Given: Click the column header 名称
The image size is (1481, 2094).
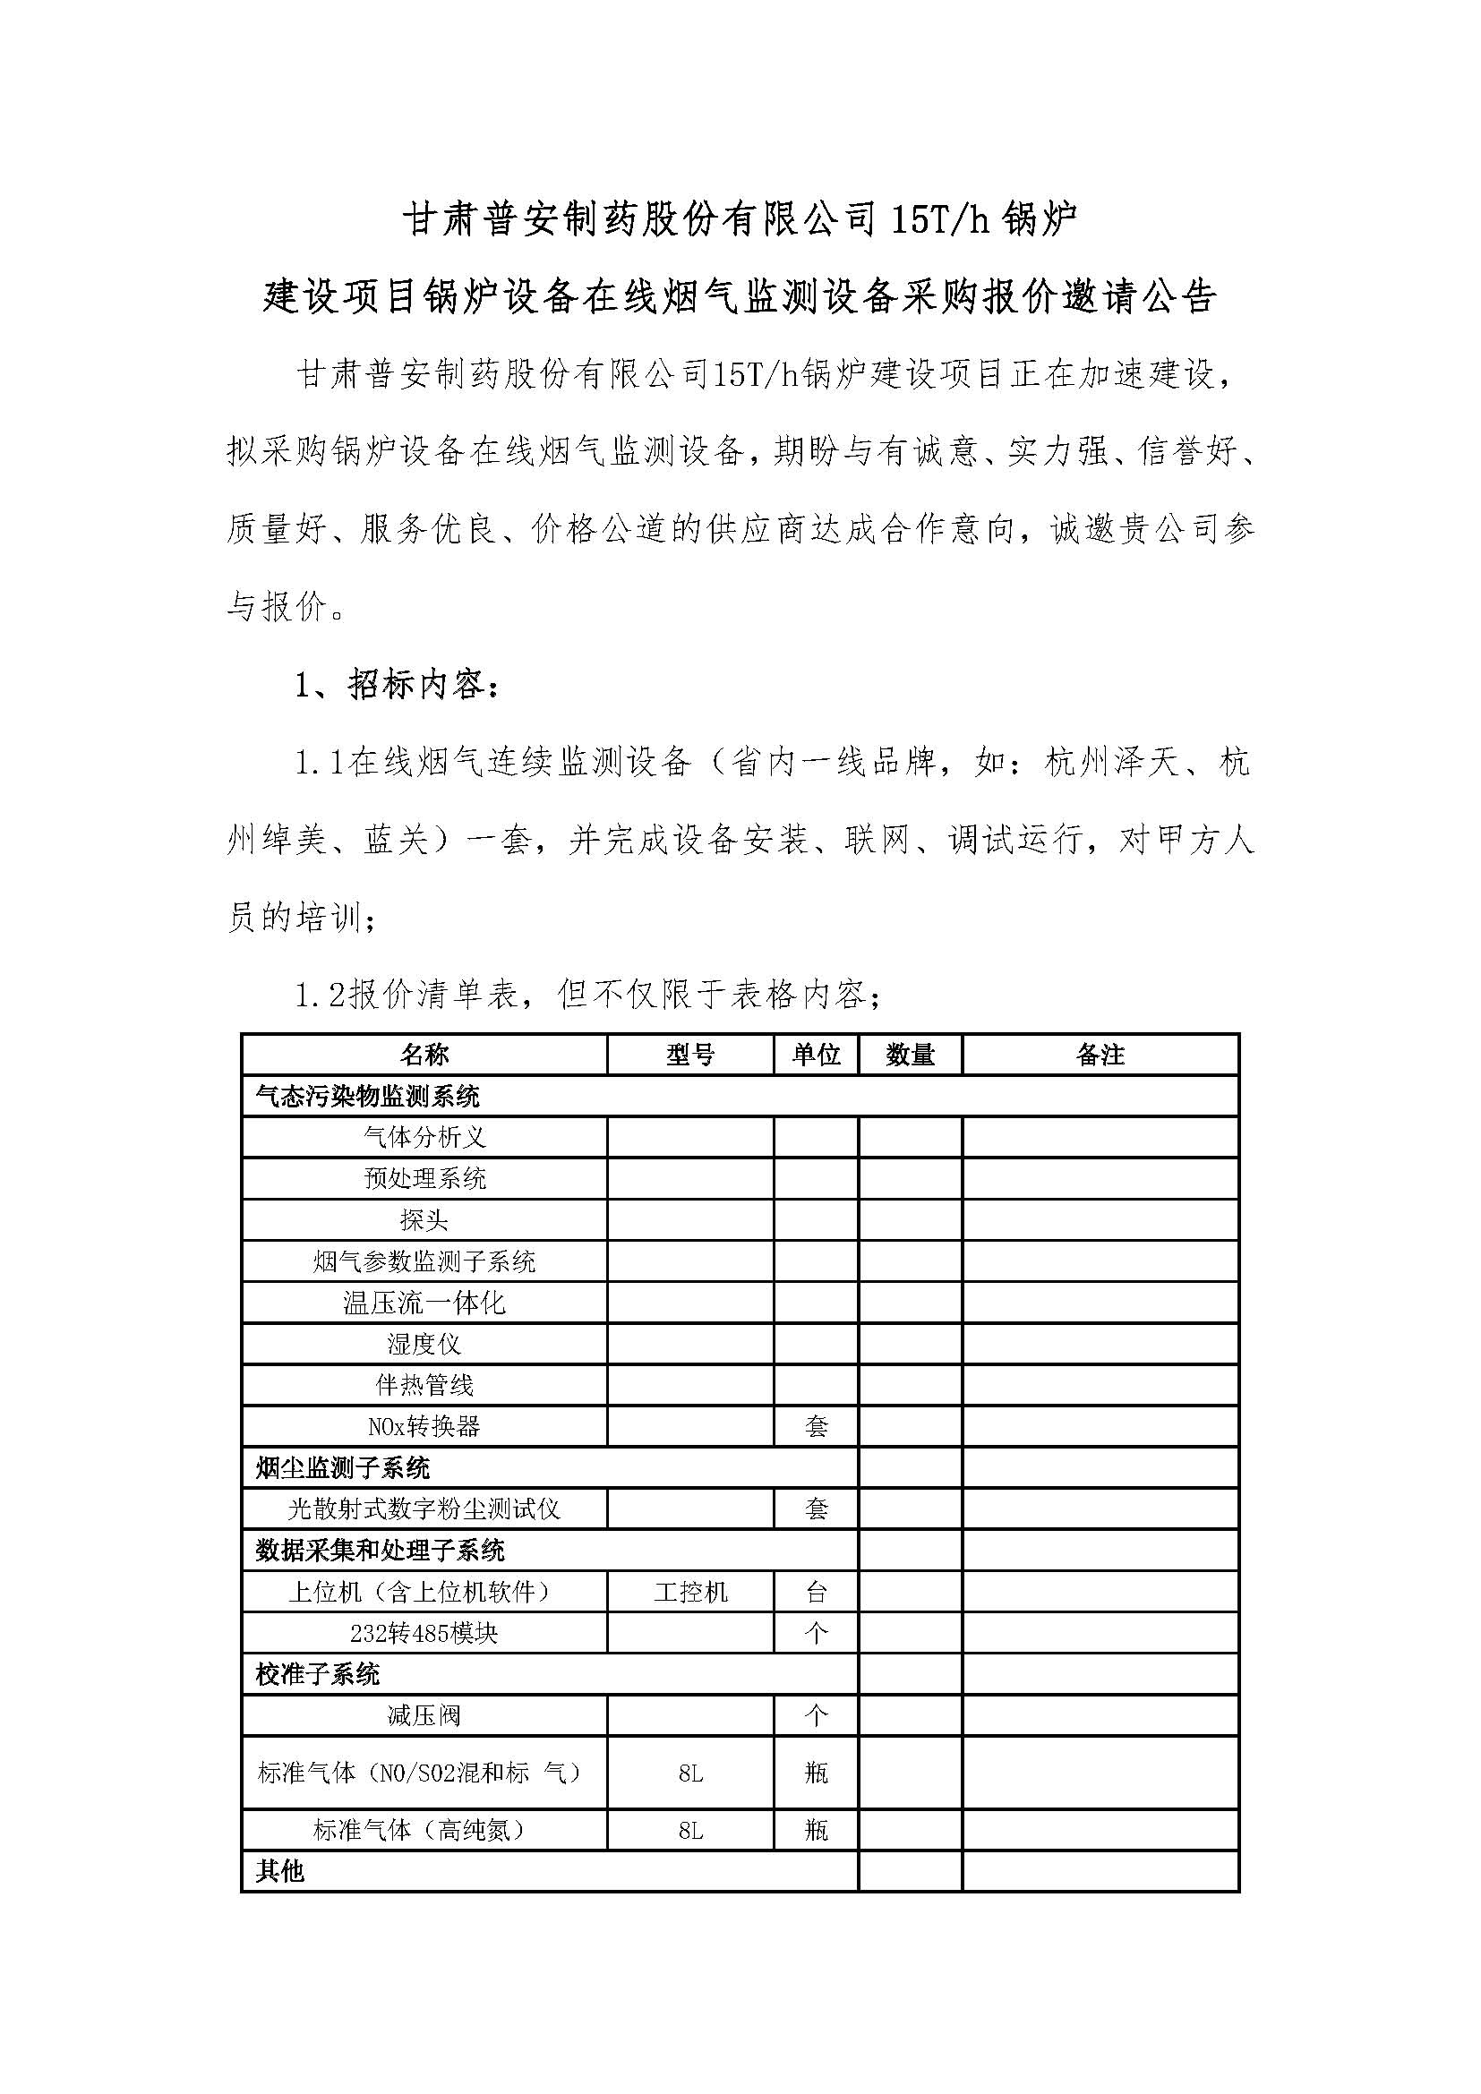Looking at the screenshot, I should coord(424,1056).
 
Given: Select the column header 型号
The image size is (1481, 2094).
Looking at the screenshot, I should coord(689,1056).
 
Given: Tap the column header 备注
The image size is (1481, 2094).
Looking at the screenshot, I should coord(1100,1056).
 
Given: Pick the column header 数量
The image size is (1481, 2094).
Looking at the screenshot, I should coord(910,1056).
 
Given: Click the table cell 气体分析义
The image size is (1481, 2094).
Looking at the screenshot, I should coord(424,1137).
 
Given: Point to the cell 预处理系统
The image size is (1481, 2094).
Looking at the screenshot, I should coord(424,1178).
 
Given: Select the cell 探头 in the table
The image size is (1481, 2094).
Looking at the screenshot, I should coord(424,1220).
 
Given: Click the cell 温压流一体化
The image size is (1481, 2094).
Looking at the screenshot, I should coord(424,1303).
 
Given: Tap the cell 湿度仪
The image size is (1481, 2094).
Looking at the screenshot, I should coord(424,1345).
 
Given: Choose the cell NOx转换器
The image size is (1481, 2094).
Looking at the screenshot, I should coord(424,1426).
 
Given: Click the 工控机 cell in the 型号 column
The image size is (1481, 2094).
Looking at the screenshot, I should coord(690,1593).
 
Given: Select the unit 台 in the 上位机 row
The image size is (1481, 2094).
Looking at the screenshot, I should coord(817,1593).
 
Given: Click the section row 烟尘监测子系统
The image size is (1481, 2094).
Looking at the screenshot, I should coord(343,1468).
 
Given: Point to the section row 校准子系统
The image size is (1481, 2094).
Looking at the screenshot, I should coord(317,1674).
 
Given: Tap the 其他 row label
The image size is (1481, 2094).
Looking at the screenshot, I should coord(280,1871).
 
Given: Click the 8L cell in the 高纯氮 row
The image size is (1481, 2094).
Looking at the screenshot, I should coord(690,1831).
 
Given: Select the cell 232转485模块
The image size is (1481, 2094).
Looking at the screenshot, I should coord(424,1634).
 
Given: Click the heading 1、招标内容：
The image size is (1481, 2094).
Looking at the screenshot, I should coord(398,685).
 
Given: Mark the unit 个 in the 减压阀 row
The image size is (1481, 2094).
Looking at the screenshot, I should coord(817,1716).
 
